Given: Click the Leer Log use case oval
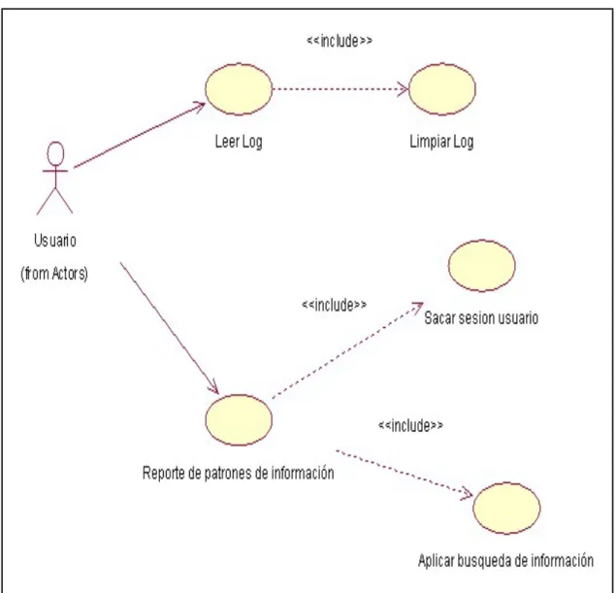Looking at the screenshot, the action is coord(239,89).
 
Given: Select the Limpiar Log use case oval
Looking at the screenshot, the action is coord(442,89).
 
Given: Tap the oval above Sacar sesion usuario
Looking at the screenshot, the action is coord(481,266).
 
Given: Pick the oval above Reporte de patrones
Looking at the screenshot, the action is coord(239,420).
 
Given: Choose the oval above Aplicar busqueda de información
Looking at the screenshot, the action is coord(506,509).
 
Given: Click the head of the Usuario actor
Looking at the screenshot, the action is coord(56,153).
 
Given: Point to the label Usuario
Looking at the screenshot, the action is coord(55,241).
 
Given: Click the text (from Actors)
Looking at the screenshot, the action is coord(54,273).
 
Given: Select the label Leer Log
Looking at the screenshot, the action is coord(239,142).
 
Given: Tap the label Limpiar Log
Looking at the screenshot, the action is coord(441,142).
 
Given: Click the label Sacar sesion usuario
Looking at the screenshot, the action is coord(481,318).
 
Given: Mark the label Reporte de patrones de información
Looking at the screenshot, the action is coord(238,473).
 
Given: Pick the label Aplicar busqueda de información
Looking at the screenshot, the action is coord(505,561).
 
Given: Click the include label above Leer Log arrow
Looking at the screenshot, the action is coord(340,41).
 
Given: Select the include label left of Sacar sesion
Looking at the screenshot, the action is coord(334,305).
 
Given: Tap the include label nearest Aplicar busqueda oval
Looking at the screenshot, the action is coord(410,425).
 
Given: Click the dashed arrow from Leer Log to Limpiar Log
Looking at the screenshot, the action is coord(340,89).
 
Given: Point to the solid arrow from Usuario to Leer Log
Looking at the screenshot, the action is coord(140,135).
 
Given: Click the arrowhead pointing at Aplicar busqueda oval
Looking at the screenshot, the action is coord(468,493).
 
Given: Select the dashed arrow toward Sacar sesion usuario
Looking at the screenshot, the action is coord(348,349).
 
